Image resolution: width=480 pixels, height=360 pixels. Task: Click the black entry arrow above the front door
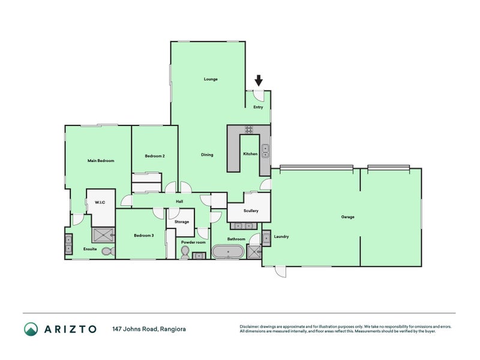[x=259, y=80]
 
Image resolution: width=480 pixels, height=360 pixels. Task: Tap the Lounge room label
[x=211, y=79]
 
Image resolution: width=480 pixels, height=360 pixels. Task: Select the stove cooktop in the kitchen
[x=249, y=130]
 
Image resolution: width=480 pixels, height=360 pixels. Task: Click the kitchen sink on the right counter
[x=265, y=151]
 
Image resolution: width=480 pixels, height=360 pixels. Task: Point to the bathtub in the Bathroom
[x=228, y=251]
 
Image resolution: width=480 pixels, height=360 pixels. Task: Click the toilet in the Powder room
[x=185, y=253]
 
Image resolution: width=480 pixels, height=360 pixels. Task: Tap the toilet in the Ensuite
[x=108, y=251]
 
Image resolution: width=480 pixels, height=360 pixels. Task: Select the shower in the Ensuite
[x=103, y=235]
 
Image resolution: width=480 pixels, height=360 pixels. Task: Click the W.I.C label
[x=100, y=202]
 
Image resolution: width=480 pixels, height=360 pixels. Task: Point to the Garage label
[x=347, y=217]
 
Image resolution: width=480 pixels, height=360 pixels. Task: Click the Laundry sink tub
[x=266, y=238]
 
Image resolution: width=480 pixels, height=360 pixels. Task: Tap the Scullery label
[x=251, y=211]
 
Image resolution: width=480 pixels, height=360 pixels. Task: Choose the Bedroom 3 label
[x=144, y=235]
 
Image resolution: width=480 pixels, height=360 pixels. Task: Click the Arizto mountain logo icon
[x=31, y=329]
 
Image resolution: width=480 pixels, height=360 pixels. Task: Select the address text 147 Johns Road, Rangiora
[x=149, y=329]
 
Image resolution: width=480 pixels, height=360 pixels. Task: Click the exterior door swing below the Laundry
[x=281, y=272]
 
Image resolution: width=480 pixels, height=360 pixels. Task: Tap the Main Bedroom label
[x=101, y=160]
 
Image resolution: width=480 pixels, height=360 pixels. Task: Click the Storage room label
[x=182, y=221]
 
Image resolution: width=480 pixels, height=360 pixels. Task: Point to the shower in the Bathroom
[x=254, y=251]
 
